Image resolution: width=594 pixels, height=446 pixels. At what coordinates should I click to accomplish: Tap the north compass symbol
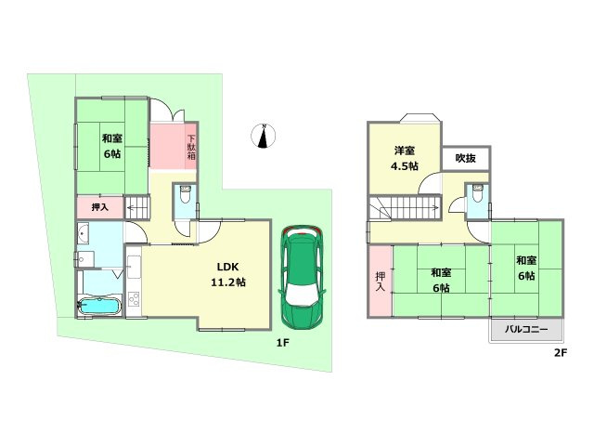click(263, 136)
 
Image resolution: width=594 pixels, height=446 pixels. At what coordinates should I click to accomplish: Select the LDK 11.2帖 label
click(228, 274)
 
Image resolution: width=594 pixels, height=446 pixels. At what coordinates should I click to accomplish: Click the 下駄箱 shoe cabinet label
click(191, 147)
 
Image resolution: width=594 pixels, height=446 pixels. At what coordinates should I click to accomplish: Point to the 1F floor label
click(282, 343)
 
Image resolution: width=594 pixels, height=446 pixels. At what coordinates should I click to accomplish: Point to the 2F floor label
click(561, 353)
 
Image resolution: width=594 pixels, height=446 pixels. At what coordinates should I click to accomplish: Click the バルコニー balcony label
click(526, 329)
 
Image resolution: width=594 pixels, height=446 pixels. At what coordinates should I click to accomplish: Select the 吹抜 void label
click(466, 158)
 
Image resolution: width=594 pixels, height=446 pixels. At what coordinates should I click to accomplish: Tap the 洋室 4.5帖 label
click(405, 158)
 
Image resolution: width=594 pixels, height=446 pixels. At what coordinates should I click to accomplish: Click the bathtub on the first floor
click(99, 306)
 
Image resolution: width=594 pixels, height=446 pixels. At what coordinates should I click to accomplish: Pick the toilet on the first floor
click(185, 194)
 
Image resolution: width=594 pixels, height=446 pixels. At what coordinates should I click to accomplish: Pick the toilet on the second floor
click(477, 194)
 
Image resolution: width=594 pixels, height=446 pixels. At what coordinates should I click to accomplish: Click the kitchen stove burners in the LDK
click(134, 299)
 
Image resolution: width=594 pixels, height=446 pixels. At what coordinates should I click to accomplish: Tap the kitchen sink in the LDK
click(134, 268)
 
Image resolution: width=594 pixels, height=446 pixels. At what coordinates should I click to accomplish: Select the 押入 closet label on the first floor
click(100, 207)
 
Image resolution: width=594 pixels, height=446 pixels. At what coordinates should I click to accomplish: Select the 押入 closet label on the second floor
click(380, 282)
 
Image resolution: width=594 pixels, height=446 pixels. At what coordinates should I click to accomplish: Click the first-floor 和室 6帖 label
click(112, 146)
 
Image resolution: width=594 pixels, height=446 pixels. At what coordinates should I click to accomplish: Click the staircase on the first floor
click(137, 207)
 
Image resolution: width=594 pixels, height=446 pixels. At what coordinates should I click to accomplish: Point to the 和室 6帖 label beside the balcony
click(526, 268)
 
